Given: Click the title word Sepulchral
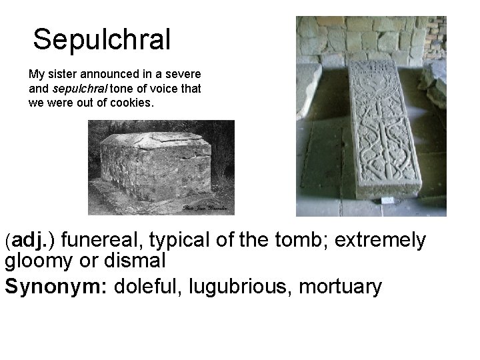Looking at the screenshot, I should point(102,39).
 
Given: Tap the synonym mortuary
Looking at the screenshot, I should point(341,287).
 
